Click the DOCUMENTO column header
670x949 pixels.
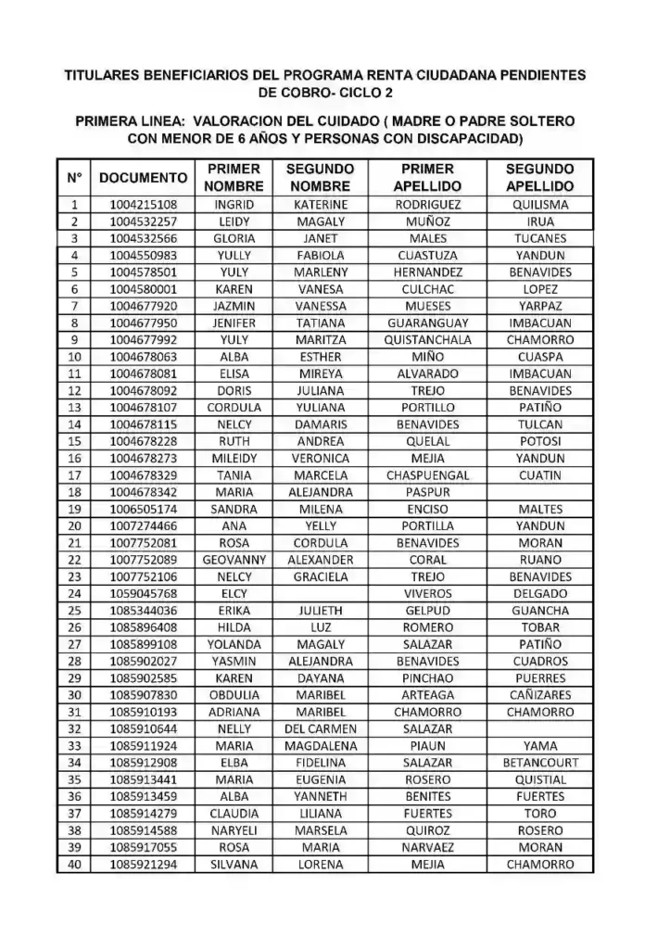[x=144, y=177]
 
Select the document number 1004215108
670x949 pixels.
[x=144, y=205]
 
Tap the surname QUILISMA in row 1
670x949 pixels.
[x=540, y=205]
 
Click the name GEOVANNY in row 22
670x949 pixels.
[x=234, y=560]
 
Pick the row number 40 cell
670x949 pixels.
[x=74, y=865]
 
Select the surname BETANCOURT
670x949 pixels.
[x=540, y=763]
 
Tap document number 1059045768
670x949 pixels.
[x=144, y=593]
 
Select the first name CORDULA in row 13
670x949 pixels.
[x=234, y=408]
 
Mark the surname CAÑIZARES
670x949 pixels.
[x=540, y=695]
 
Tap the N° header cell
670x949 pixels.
[x=74, y=177]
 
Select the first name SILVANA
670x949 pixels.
[x=234, y=865]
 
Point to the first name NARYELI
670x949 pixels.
[x=234, y=830]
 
